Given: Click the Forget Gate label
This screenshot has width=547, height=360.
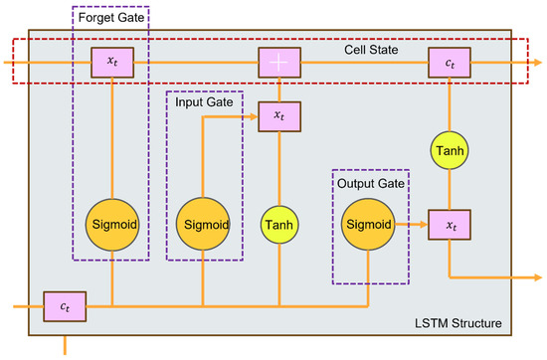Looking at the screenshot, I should point(110,16).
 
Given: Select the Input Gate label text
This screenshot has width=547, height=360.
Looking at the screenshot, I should point(204,103).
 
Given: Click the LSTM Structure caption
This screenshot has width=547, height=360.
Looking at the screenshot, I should point(458,324).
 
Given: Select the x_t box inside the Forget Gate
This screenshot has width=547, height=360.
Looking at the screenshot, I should point(111,63).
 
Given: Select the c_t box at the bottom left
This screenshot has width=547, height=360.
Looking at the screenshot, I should point(66,304).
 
